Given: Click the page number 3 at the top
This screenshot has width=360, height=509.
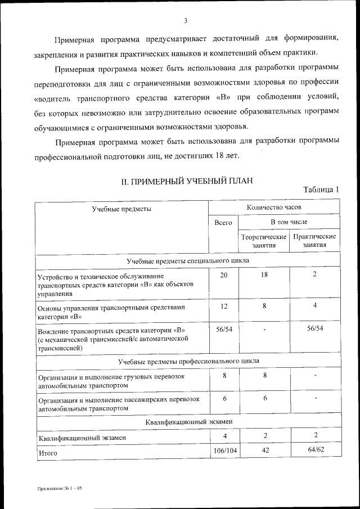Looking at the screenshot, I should [184, 21].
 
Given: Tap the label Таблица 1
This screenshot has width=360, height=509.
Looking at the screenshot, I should [321, 190].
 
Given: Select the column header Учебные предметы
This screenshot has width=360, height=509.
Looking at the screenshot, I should [121, 209].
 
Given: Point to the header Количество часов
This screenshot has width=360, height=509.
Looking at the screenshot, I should [274, 207].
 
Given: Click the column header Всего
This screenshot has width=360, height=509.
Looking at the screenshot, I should [223, 223].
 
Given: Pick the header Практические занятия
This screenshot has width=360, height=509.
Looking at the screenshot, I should [314, 241].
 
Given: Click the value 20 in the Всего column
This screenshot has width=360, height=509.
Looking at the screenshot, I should [223, 274].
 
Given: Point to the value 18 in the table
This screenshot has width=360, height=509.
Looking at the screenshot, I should [264, 274].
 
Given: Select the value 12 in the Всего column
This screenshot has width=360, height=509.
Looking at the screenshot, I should [223, 306].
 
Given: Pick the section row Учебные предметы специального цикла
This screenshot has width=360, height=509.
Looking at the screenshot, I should [188, 261].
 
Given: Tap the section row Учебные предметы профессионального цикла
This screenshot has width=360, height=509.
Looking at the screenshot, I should [188, 361].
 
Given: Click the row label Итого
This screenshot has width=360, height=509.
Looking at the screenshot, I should [48, 452].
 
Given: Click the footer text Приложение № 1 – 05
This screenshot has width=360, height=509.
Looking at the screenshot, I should [60, 489].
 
